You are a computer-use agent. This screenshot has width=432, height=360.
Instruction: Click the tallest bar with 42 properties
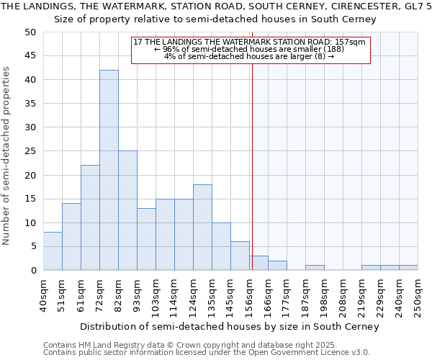click(109, 170)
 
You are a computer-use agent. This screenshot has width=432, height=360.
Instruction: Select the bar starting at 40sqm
click(53, 251)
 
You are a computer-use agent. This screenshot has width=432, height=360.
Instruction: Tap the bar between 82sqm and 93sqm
click(127, 210)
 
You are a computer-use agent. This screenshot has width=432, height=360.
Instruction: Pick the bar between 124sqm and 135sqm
click(202, 227)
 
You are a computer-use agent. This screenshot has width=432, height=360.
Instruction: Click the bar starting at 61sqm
click(90, 217)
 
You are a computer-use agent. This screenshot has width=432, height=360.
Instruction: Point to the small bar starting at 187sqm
click(315, 268)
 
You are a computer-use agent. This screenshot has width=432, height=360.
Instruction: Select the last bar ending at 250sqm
click(408, 268)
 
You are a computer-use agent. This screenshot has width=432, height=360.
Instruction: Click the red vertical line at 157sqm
click(252, 158)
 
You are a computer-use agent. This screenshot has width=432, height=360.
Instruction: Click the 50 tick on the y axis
click(30, 32)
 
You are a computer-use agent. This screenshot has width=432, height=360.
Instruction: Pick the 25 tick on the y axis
click(30, 151)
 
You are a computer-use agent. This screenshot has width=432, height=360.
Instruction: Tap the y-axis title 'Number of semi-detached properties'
click(7, 156)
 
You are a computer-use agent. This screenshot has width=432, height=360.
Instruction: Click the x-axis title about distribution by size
click(229, 326)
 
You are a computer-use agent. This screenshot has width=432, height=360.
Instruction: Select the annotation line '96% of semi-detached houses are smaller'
click(250, 49)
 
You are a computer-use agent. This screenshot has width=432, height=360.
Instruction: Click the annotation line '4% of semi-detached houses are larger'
click(250, 56)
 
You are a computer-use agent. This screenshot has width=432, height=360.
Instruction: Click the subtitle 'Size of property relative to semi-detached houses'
click(215, 19)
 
